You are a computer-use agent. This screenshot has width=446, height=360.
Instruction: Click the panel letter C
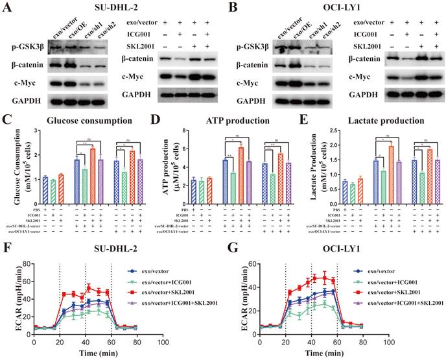(x=8, y=120)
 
